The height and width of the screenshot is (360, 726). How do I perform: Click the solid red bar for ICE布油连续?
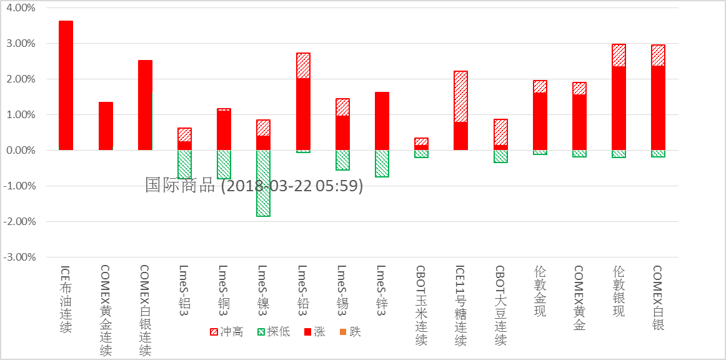66,86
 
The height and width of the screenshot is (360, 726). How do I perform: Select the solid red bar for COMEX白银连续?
145,105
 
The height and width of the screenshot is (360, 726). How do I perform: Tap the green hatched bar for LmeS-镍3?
263,183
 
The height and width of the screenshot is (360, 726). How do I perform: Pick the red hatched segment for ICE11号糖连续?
460,97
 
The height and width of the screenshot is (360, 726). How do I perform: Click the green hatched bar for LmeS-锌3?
382,164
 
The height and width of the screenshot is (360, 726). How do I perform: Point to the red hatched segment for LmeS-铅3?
303,66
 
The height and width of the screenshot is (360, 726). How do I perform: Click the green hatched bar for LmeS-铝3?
184,164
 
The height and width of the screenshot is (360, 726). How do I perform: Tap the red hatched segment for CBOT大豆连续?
500,132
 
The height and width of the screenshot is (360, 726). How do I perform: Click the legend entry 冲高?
226,332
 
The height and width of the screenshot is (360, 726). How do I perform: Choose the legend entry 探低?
274,332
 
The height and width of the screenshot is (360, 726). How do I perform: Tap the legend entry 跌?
350,332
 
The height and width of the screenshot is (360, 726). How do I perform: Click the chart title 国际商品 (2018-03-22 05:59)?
254,185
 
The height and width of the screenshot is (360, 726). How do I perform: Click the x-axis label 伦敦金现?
540,291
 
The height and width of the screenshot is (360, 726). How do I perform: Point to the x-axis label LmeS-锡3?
342,288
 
